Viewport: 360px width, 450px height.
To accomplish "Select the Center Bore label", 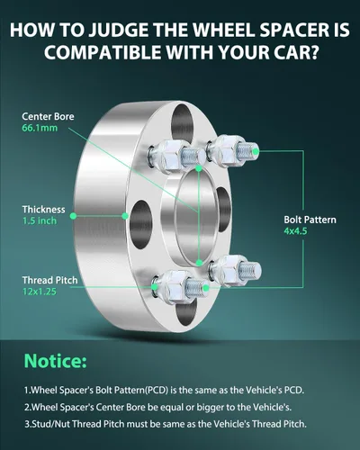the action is tap(48, 116).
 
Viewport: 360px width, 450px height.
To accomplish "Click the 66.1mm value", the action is tap(40, 128).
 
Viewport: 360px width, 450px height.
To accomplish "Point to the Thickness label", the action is tap(44, 210).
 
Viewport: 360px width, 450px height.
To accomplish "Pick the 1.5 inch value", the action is tap(40, 220).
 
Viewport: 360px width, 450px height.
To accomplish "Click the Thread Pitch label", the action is tap(50, 281).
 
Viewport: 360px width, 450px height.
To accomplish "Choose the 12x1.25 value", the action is tap(40, 292).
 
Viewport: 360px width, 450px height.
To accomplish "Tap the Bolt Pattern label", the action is tap(310, 220).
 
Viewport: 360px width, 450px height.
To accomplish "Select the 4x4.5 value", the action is tap(295, 231).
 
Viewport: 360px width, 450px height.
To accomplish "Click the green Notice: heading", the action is tap(56, 361).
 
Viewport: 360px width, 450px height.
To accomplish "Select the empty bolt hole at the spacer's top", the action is tap(183, 123).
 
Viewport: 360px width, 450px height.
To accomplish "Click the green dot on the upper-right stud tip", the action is tap(256, 151).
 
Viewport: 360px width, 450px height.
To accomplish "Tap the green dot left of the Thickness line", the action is tap(73, 216).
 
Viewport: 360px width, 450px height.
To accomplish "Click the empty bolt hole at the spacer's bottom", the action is tap(186, 312).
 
